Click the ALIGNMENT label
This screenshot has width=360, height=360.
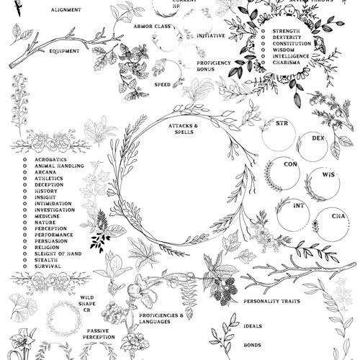pos(66,10)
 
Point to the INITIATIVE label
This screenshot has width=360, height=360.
pos(210,35)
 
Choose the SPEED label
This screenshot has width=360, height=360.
pos(162,84)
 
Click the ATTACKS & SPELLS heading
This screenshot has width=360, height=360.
pos(184,128)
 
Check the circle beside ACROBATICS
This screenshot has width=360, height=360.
pos(26,159)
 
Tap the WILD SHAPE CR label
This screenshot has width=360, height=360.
pos(87,302)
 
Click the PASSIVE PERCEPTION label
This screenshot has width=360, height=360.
pos(99,334)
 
